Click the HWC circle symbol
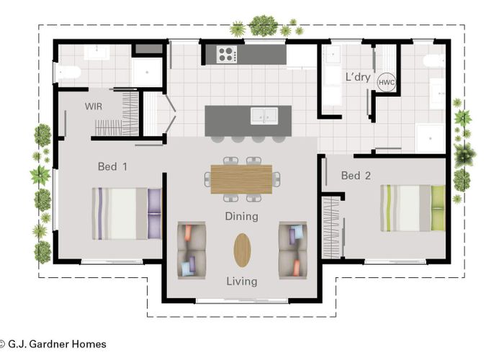tap(386, 82)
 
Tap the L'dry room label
tap(358, 77)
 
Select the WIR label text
tap(94, 107)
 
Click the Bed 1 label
tap(112, 166)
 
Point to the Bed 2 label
tap(356, 176)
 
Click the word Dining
tap(242, 216)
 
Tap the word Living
tap(242, 282)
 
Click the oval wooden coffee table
tap(242, 250)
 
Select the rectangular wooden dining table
tap(241, 179)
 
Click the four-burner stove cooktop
tap(227, 54)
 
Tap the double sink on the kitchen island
tap(264, 116)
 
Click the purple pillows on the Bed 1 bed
tap(154, 214)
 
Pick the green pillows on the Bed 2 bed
tap(438, 208)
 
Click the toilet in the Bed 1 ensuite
tap(68, 72)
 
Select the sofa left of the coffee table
tap(192, 250)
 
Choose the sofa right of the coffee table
tap(293, 250)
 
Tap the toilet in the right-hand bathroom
tap(434, 60)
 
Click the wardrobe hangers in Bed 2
tap(331, 227)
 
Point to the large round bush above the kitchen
tap(264, 25)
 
